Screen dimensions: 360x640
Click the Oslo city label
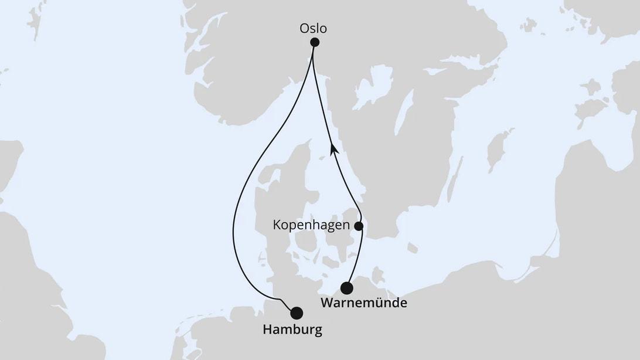point(313,28)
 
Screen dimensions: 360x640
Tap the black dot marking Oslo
point(315,42)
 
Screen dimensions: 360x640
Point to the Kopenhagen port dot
point(359,226)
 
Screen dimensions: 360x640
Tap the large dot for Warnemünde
point(347,288)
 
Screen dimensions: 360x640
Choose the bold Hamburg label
point(292,330)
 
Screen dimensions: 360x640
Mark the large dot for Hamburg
point(297,313)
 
